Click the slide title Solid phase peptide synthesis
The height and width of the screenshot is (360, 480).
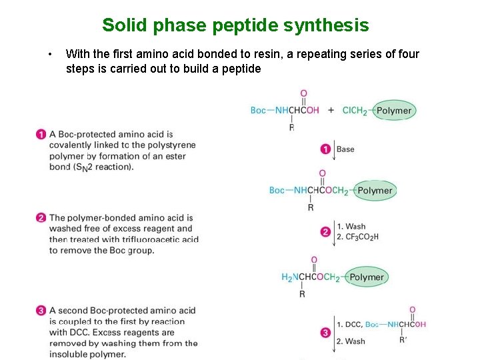pyautogui.click(x=235, y=25)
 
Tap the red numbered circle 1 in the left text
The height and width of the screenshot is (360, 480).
pyautogui.click(x=41, y=135)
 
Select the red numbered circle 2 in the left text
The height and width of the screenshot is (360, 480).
pyautogui.click(x=41, y=218)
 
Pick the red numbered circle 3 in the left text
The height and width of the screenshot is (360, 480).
pyautogui.click(x=41, y=311)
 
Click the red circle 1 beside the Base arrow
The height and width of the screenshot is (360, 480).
pyautogui.click(x=326, y=149)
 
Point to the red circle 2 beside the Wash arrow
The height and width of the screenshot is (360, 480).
pyautogui.click(x=326, y=232)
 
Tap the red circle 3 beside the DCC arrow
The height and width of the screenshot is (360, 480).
pyautogui.click(x=326, y=332)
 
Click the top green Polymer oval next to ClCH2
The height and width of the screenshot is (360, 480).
pyautogui.click(x=393, y=111)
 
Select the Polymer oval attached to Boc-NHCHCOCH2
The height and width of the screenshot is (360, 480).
pyautogui.click(x=375, y=191)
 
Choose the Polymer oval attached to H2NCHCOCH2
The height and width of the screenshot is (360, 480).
pyautogui.click(x=366, y=277)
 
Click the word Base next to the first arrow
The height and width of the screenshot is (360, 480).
pyautogui.click(x=345, y=149)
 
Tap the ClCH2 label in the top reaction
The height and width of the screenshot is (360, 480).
pyautogui.click(x=354, y=111)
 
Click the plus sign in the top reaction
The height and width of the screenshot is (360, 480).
pyautogui.click(x=331, y=110)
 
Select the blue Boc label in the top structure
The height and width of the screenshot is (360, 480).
pyautogui.click(x=258, y=111)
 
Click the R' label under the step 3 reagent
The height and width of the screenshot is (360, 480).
pyautogui.click(x=403, y=339)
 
